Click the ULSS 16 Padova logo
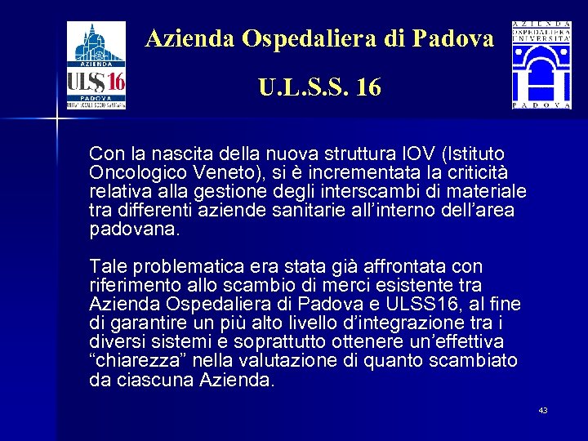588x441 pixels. [x=96, y=65]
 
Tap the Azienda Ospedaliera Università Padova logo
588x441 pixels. [x=541, y=65]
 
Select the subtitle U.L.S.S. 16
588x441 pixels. [x=319, y=86]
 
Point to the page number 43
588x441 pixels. [x=543, y=410]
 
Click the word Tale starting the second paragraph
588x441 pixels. [x=109, y=266]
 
